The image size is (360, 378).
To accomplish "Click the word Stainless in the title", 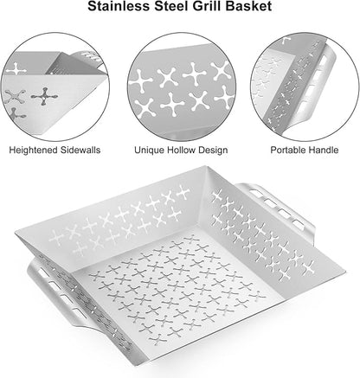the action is coord(119,6).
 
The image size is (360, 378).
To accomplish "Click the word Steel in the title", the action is coord(171,6).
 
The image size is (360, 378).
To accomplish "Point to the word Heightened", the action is coord(33,151).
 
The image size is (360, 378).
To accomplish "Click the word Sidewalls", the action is coord(80,150).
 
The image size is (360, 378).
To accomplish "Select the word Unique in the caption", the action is coord(149,151).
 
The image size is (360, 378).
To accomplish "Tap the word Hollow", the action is coord(182,150).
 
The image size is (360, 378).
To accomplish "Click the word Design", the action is coord(213,151).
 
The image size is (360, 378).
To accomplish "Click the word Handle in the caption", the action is coord(324,150).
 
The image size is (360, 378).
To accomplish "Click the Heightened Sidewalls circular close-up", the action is coord(55,86).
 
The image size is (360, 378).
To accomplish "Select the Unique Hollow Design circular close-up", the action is coord(182,86).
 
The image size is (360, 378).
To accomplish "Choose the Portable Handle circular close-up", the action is coord(305,86).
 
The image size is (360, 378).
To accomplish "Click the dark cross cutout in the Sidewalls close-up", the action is coord(44,97).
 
